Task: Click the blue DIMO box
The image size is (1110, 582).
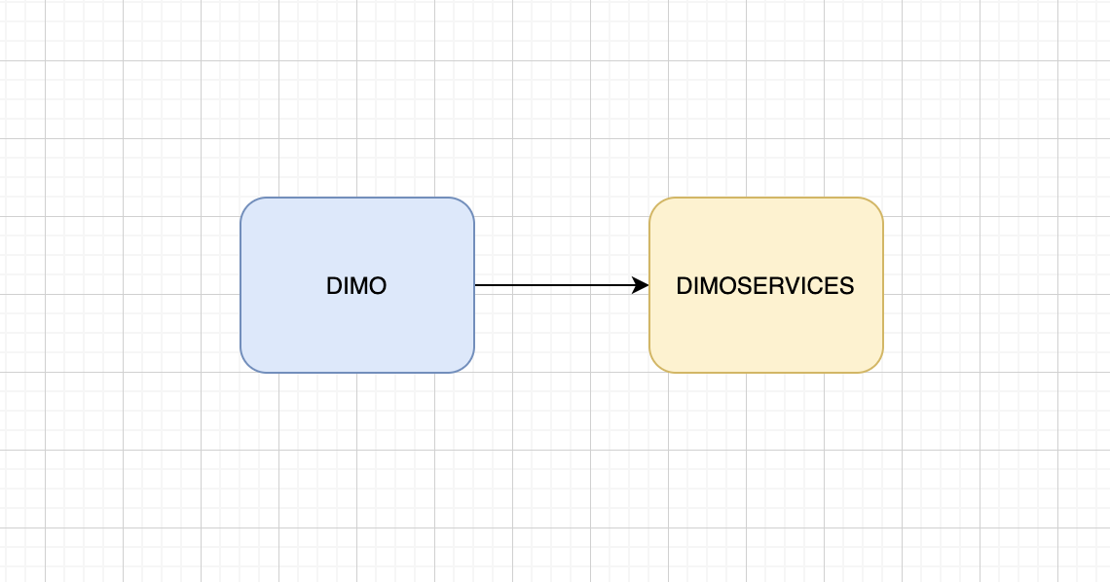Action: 356,285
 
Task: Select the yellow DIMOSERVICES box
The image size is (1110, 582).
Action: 766,285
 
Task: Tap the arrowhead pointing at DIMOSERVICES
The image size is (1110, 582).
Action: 641,285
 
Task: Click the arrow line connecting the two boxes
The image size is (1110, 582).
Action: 562,285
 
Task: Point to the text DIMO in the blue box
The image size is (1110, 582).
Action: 356,286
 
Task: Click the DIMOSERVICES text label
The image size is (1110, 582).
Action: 765,286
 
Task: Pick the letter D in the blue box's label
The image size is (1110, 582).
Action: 333,286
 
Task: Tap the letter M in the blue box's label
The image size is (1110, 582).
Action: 357,286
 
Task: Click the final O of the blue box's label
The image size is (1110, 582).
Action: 378,286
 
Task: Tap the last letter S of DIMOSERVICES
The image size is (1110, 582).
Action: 847,286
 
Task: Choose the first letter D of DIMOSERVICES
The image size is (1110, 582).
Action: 684,286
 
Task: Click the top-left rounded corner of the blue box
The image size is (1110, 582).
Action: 247,205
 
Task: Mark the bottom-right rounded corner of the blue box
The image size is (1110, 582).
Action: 467,366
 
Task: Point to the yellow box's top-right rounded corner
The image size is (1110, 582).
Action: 876,205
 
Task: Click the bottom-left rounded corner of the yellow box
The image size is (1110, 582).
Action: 657,366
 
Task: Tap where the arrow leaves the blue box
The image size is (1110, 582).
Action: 475,285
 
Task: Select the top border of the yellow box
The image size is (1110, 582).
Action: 766,198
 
